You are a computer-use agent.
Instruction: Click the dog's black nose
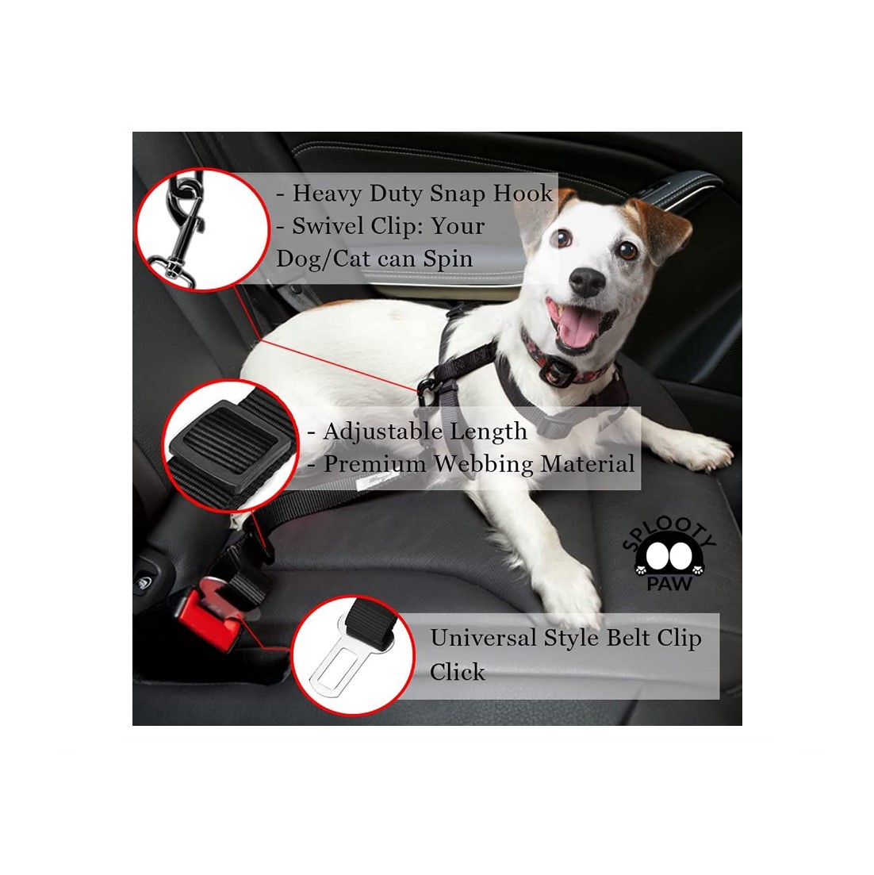[x=588, y=282]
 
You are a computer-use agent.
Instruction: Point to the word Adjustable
[x=384, y=432]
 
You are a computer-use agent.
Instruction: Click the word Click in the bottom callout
[x=458, y=672]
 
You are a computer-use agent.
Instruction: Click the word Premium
[x=374, y=464]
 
